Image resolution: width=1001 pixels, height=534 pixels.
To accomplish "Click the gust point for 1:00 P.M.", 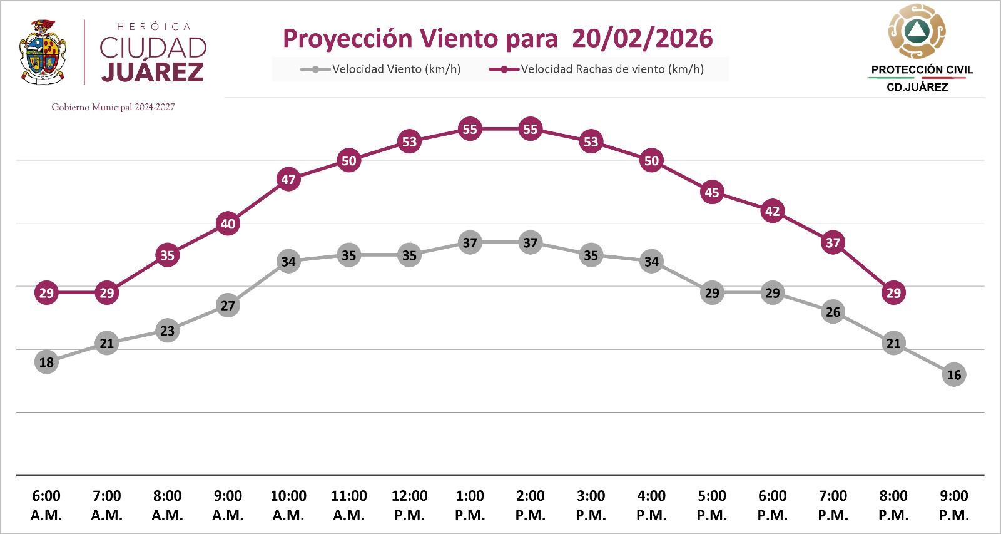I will [x=470, y=129].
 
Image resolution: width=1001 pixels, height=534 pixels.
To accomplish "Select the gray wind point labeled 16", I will [x=953, y=374].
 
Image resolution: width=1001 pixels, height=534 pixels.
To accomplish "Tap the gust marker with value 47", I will [x=288, y=180].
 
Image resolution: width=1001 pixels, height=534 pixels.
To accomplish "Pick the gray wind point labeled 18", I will [x=46, y=362].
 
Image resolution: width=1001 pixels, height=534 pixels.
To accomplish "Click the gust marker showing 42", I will [x=772, y=211].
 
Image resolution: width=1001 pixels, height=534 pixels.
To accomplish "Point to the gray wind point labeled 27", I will [x=228, y=306].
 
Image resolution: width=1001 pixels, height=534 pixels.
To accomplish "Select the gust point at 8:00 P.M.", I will [x=893, y=292].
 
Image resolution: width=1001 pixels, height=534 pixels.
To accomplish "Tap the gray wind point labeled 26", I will [x=833, y=312].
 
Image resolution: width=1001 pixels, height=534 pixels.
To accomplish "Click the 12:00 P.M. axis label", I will [x=409, y=505].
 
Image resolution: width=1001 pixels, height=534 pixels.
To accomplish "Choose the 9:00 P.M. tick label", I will [x=953, y=505].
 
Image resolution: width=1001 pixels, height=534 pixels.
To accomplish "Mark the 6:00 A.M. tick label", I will [x=46, y=505].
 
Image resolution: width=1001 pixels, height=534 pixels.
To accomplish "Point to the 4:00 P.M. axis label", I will [x=651, y=505].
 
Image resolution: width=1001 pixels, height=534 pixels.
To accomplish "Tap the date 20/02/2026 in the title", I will [x=642, y=38].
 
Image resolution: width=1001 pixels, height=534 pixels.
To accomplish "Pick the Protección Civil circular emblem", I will [x=917, y=31].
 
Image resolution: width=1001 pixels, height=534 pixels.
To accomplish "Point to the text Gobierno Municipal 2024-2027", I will [x=113, y=107].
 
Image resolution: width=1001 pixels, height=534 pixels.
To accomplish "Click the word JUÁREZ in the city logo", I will [x=153, y=72].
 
